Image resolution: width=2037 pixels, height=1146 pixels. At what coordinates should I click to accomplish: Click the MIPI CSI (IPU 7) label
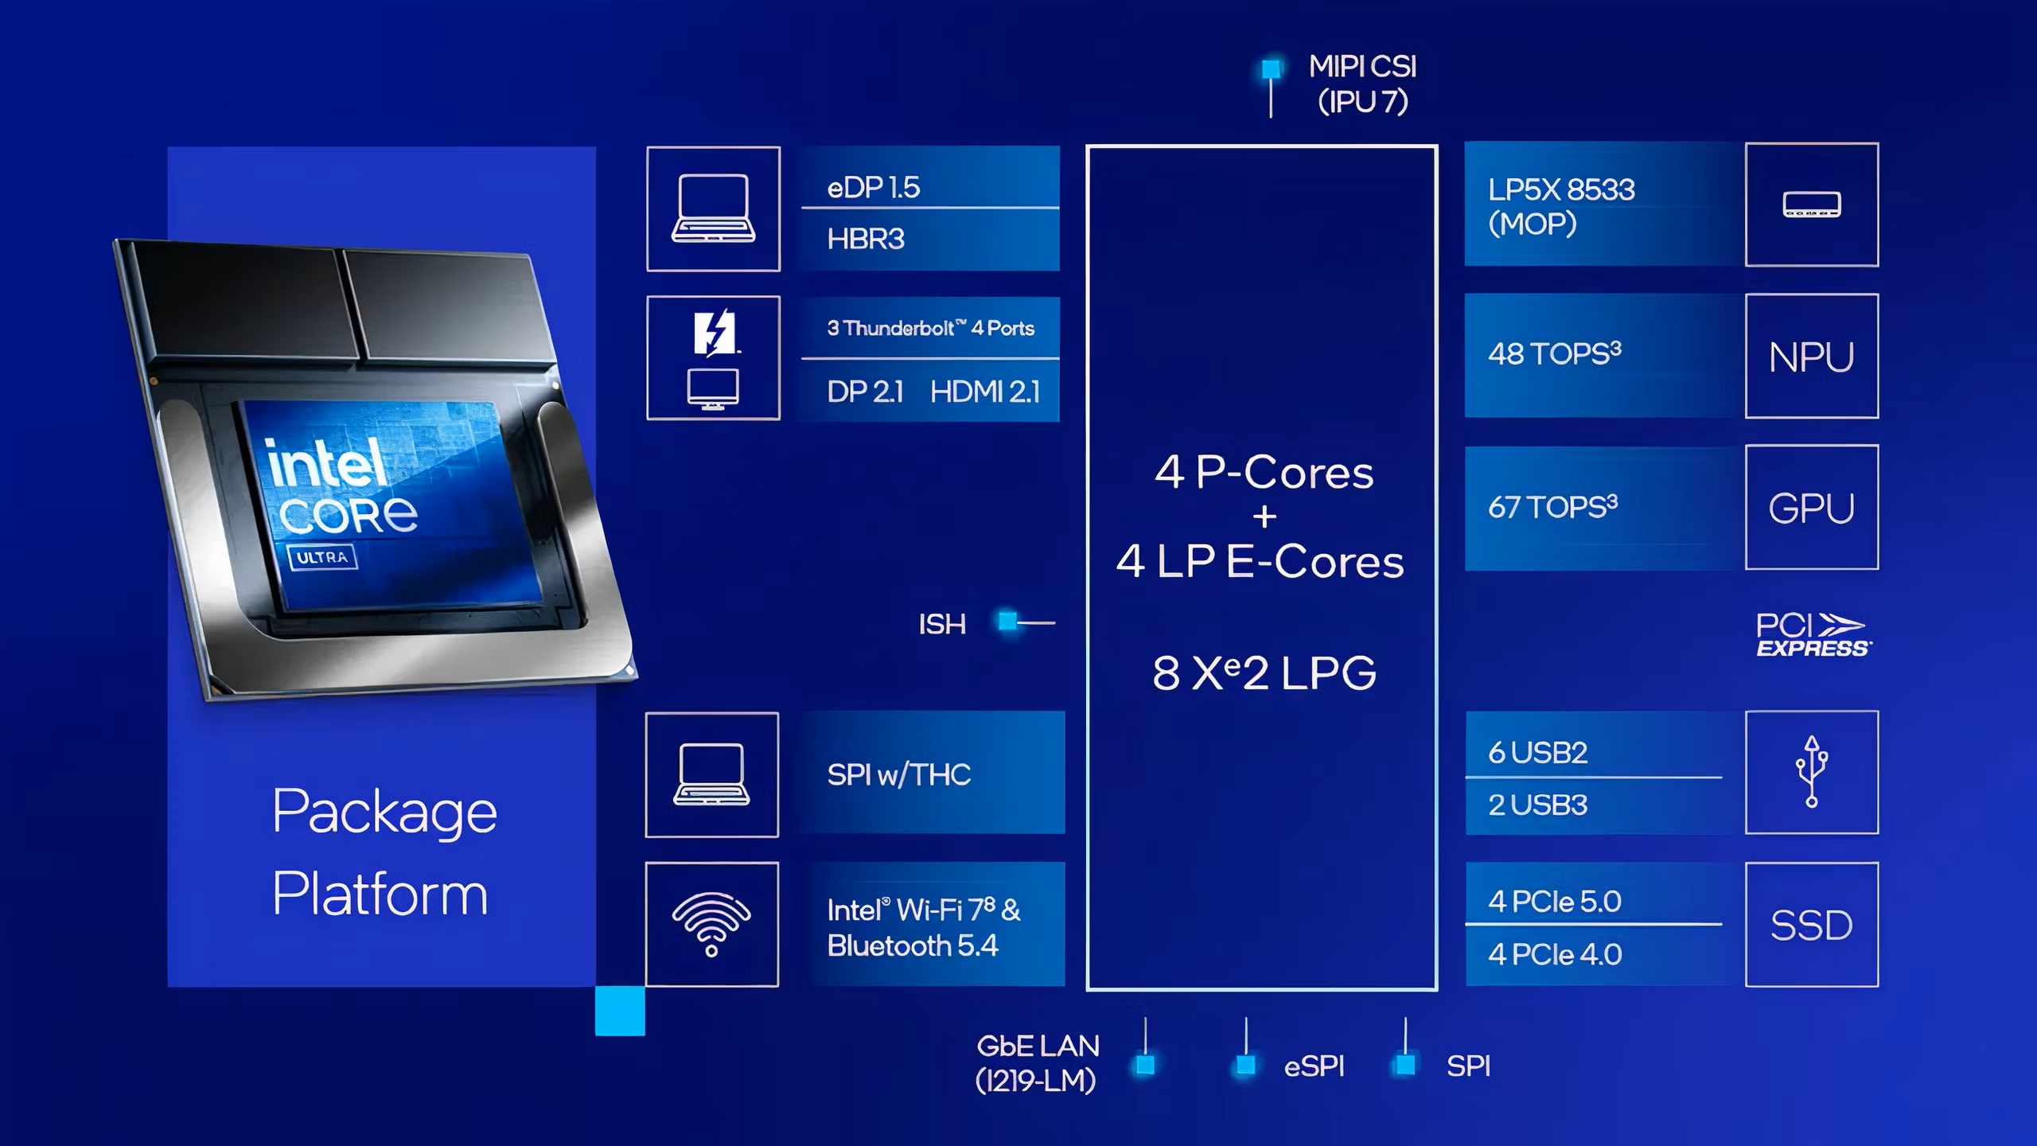[x=1363, y=84]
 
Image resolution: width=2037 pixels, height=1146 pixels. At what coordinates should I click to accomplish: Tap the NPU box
[x=1812, y=356]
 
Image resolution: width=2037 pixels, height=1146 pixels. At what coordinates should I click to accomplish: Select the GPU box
[x=1812, y=507]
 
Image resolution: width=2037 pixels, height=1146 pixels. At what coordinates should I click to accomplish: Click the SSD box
[x=1812, y=925]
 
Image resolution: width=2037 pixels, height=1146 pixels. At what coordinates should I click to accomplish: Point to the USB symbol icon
[x=1812, y=771]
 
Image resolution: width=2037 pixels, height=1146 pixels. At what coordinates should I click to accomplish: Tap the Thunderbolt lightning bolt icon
[x=715, y=332]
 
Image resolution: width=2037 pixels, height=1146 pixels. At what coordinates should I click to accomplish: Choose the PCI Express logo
[x=1813, y=634]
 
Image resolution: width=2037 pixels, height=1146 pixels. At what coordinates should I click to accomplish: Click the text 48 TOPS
[x=1555, y=353]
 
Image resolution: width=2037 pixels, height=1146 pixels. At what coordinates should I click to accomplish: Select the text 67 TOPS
[x=1553, y=507]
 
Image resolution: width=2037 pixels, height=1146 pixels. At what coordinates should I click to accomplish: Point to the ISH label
[x=942, y=624]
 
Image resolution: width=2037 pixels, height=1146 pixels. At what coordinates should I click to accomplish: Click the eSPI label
[x=1315, y=1066]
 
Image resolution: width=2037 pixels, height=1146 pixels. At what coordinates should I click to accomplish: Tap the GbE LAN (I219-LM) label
[x=1038, y=1063]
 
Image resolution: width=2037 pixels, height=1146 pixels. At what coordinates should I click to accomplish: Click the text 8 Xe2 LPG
[x=1264, y=672]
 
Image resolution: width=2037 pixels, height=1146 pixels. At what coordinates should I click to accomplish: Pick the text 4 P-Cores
[x=1264, y=472]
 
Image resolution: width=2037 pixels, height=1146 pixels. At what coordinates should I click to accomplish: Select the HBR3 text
[x=866, y=239]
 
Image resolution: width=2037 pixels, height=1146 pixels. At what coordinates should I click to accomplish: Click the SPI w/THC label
[x=899, y=774]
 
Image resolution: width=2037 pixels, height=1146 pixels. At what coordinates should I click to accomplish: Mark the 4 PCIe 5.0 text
[x=1555, y=902]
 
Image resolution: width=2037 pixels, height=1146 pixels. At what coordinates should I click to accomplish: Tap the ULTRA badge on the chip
[x=322, y=557]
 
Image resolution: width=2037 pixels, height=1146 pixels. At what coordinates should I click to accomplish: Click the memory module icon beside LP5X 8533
[x=1812, y=205]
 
